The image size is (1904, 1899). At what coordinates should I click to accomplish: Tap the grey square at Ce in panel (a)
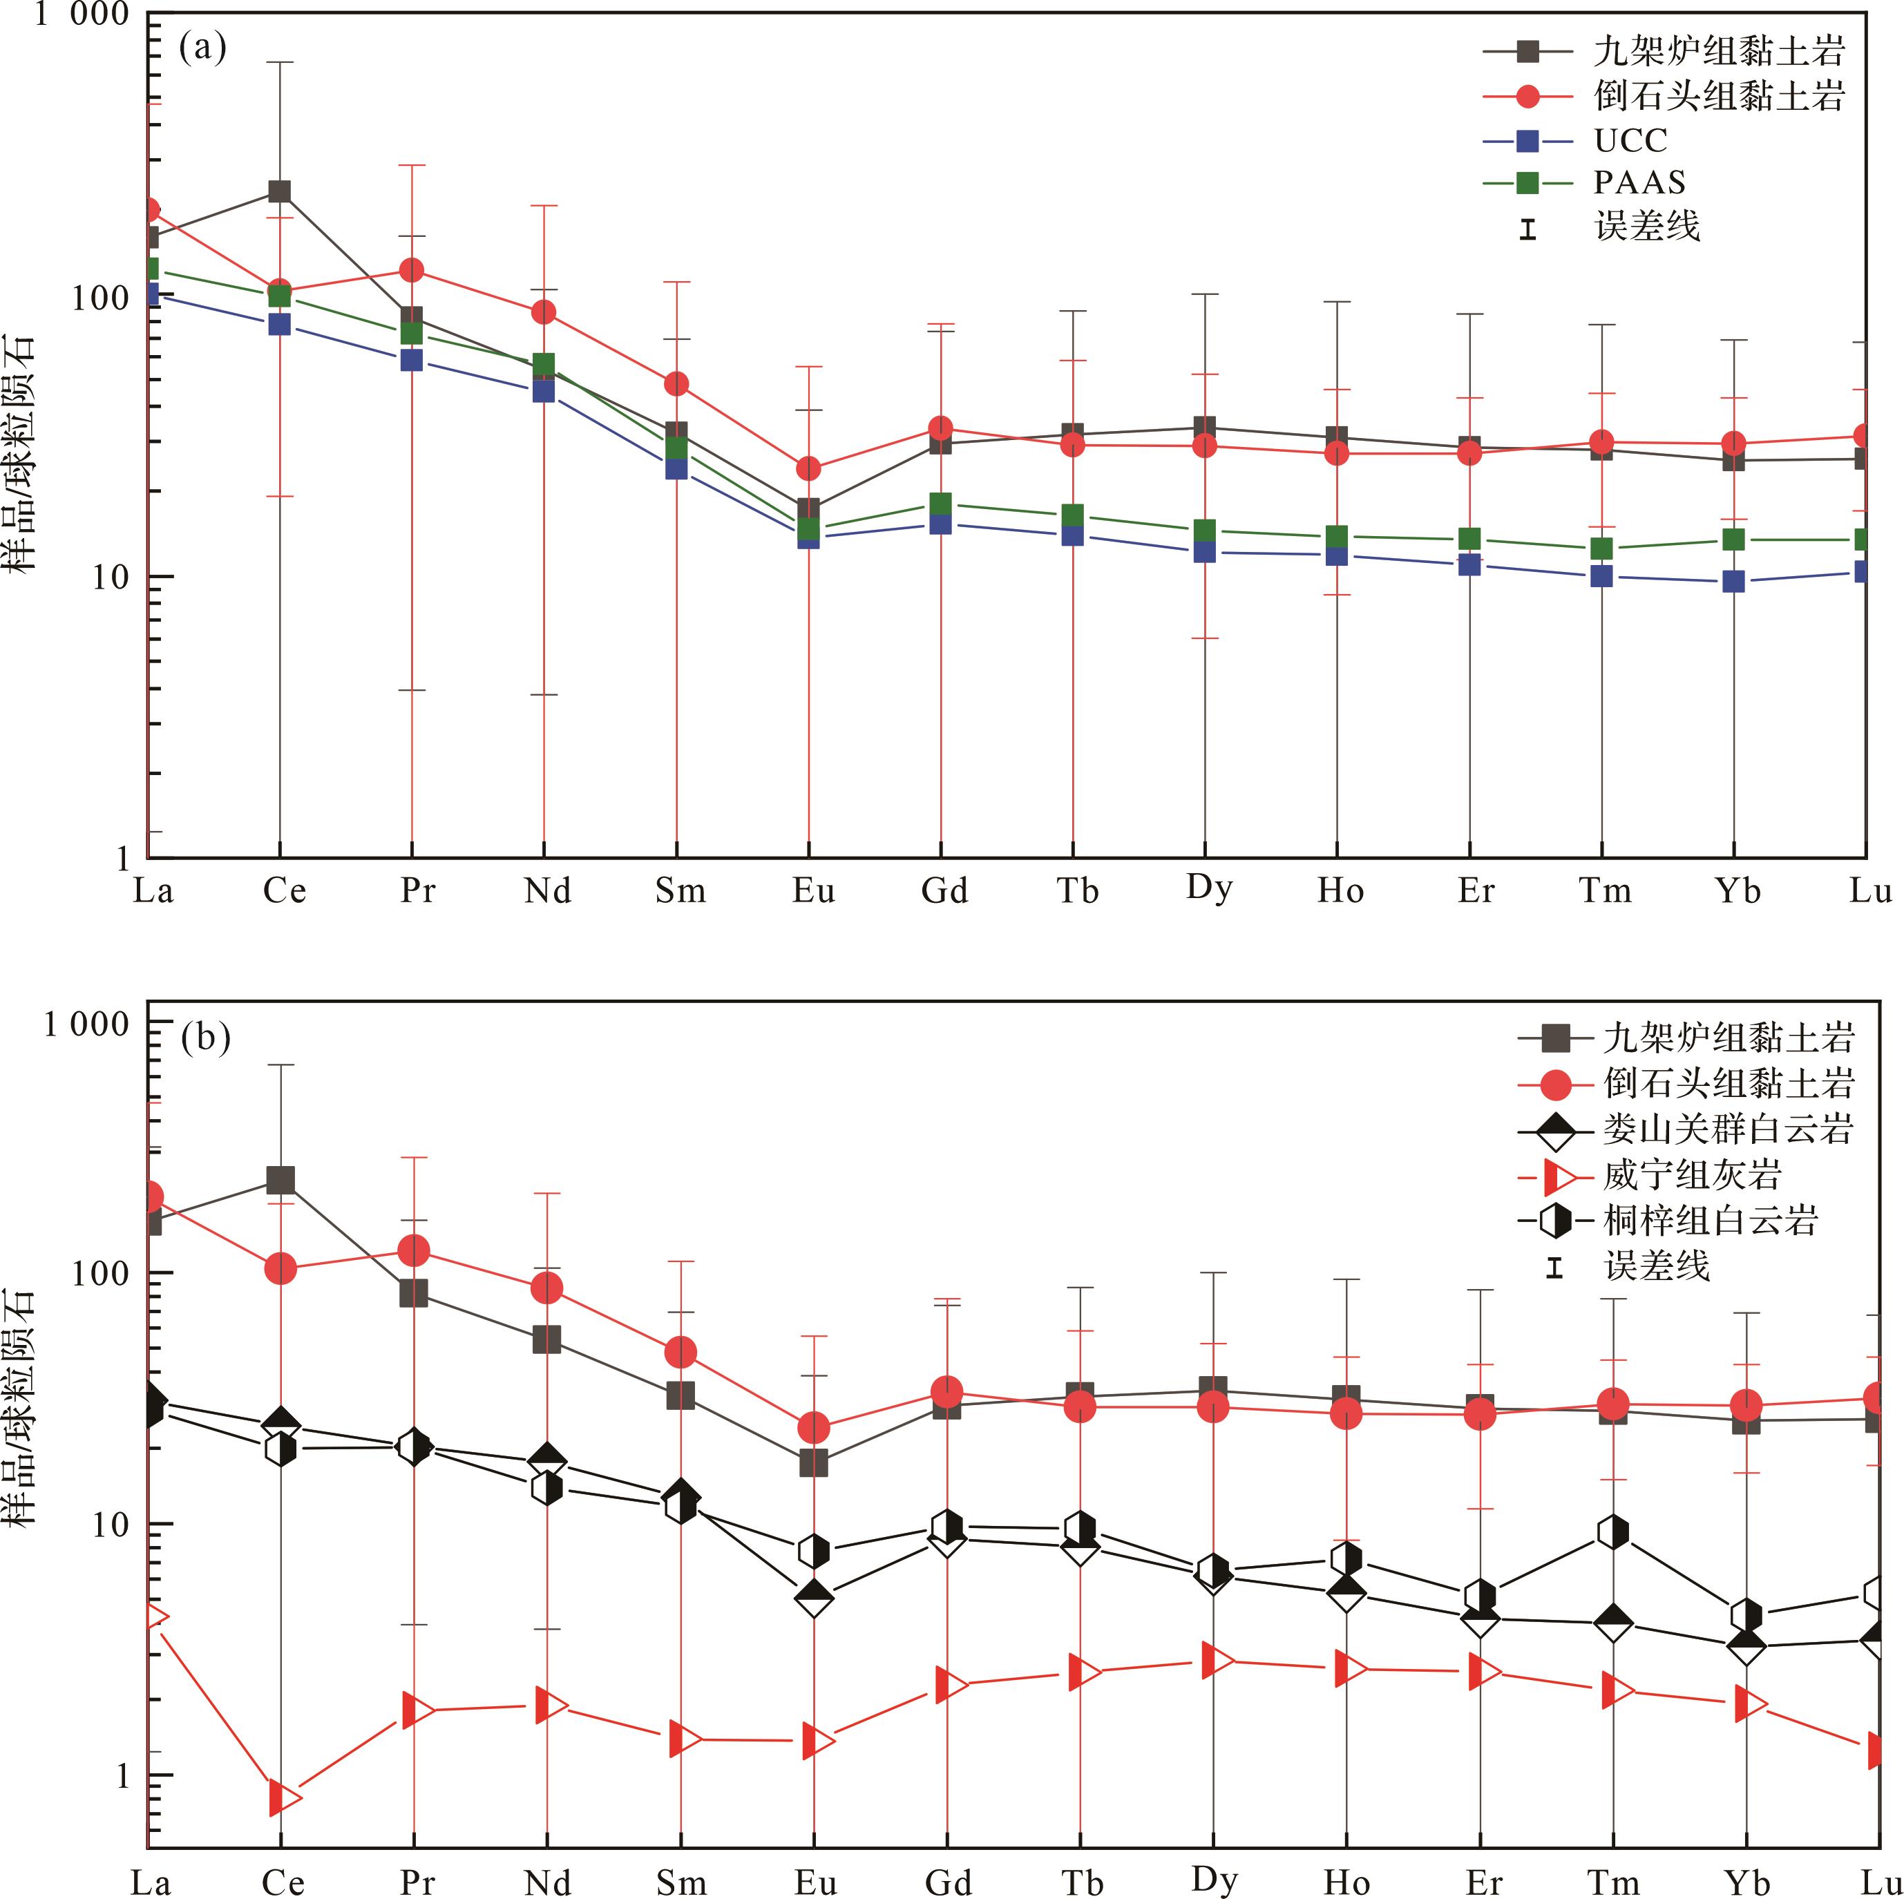point(280,191)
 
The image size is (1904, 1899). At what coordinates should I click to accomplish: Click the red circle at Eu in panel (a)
point(808,468)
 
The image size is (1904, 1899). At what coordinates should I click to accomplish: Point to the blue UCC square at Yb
point(1733,582)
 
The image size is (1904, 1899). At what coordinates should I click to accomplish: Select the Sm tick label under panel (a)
point(680,892)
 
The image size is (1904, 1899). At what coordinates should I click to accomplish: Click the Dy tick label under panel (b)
point(1213,1878)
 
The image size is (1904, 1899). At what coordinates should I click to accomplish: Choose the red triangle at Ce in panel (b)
point(284,1797)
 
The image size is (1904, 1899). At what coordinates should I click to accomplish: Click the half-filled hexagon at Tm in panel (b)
point(1612,1531)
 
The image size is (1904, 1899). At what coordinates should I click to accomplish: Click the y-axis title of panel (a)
point(21,453)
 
